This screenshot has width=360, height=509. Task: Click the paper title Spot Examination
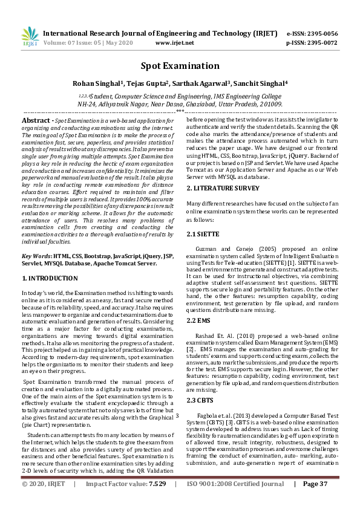[180, 65]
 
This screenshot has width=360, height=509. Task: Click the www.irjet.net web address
[175, 43]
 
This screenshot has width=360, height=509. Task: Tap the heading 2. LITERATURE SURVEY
[223, 189]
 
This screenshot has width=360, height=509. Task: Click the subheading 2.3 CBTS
[201, 400]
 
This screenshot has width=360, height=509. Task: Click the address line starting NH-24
[180, 104]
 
